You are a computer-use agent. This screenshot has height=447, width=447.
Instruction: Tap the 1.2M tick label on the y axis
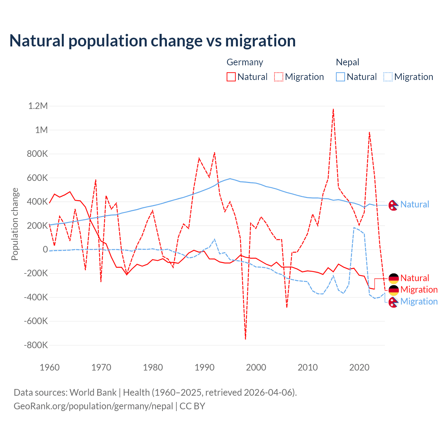pyautogui.click(x=38, y=106)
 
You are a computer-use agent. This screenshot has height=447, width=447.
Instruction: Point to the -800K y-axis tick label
pyautogui.click(x=36, y=345)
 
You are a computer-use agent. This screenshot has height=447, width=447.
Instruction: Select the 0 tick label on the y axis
pyautogui.click(x=45, y=249)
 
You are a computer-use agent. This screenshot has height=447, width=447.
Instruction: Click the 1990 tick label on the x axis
pyautogui.click(x=204, y=367)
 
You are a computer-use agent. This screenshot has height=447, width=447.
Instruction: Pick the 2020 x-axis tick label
pyautogui.click(x=359, y=367)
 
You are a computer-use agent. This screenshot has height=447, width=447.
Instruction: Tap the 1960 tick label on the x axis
pyautogui.click(x=50, y=367)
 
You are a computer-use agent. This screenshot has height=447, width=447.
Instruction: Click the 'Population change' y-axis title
pyautogui.click(x=15, y=224)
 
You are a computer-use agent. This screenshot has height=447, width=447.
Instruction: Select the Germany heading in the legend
pyautogui.click(x=245, y=62)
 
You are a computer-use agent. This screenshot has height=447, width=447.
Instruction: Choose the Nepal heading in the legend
pyautogui.click(x=347, y=62)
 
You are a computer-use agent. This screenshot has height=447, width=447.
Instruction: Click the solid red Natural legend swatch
pyautogui.click(x=231, y=77)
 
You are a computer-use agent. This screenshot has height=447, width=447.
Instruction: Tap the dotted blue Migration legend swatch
pyautogui.click(x=388, y=77)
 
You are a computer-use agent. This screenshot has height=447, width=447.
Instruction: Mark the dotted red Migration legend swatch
pyautogui.click(x=279, y=77)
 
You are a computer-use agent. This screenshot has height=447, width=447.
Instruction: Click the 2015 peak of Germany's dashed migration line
pyautogui.click(x=334, y=109)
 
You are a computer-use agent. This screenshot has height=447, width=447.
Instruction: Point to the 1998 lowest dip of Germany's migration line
pyautogui.click(x=246, y=338)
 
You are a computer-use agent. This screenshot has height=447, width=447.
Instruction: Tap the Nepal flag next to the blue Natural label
pyautogui.click(x=394, y=205)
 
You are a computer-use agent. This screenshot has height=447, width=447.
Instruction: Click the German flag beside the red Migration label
pyautogui.click(x=394, y=290)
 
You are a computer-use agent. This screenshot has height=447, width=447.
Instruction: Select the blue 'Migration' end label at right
pyautogui.click(x=419, y=301)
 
